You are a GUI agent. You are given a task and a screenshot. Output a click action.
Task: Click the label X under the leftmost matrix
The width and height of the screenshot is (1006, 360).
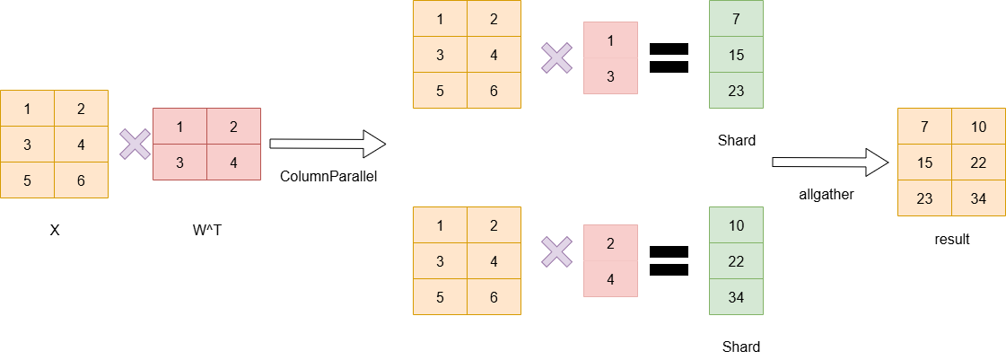pyautogui.click(x=55, y=230)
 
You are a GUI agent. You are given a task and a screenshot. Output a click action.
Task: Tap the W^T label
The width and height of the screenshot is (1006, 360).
pyautogui.click(x=207, y=230)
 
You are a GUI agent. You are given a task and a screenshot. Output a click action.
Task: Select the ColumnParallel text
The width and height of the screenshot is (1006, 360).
pyautogui.click(x=328, y=176)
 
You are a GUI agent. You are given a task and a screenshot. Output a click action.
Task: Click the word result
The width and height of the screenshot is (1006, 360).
pyautogui.click(x=952, y=240)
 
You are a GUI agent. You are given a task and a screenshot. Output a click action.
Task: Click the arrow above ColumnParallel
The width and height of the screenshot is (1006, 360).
pyautogui.click(x=328, y=144)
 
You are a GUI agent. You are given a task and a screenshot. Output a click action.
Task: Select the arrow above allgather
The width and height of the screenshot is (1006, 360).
pyautogui.click(x=830, y=162)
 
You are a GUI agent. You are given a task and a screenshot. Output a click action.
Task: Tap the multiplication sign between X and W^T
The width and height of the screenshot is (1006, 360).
pyautogui.click(x=136, y=144)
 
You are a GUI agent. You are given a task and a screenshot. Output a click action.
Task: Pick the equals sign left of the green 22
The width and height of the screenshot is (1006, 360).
pyautogui.click(x=669, y=260)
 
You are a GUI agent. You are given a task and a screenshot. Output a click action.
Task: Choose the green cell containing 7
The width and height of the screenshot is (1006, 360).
pyautogui.click(x=736, y=18)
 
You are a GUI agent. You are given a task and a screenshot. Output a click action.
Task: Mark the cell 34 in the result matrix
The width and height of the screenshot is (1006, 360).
pyautogui.click(x=978, y=198)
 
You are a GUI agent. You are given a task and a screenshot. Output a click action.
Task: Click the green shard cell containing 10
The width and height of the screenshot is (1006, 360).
pyautogui.click(x=736, y=224)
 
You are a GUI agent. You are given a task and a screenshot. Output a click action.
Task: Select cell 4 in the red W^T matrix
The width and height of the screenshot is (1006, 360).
pyautogui.click(x=233, y=162)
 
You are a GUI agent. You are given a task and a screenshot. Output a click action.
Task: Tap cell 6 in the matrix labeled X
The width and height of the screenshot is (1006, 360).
pyautogui.click(x=81, y=180)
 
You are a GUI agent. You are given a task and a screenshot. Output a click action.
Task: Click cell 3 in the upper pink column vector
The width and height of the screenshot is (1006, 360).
pyautogui.click(x=610, y=76)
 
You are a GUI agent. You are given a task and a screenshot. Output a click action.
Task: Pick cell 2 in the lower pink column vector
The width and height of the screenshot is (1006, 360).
pyautogui.click(x=610, y=242)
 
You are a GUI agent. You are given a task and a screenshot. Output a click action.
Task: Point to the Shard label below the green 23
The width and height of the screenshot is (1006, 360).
pyautogui.click(x=737, y=140)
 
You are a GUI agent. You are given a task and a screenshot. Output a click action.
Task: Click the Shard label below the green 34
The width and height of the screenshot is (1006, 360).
pyautogui.click(x=740, y=347)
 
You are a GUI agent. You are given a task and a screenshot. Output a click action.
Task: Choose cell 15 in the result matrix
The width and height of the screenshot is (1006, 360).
pyautogui.click(x=924, y=162)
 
